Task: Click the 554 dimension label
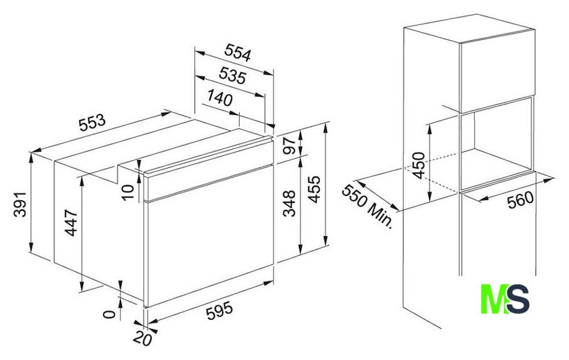click(x=237, y=53)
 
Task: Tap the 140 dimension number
click(x=220, y=98)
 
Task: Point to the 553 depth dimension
click(x=92, y=122)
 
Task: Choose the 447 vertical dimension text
click(x=70, y=223)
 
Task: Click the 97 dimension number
click(x=289, y=146)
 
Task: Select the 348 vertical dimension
click(x=289, y=203)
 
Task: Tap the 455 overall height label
click(x=314, y=189)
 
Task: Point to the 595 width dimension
click(x=219, y=311)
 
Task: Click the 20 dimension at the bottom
click(x=142, y=339)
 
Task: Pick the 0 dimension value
click(x=109, y=314)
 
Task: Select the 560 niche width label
click(x=521, y=200)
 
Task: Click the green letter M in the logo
click(x=494, y=299)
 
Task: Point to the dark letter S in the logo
click(x=518, y=299)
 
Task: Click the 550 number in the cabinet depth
click(x=354, y=196)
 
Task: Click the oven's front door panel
click(x=210, y=236)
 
